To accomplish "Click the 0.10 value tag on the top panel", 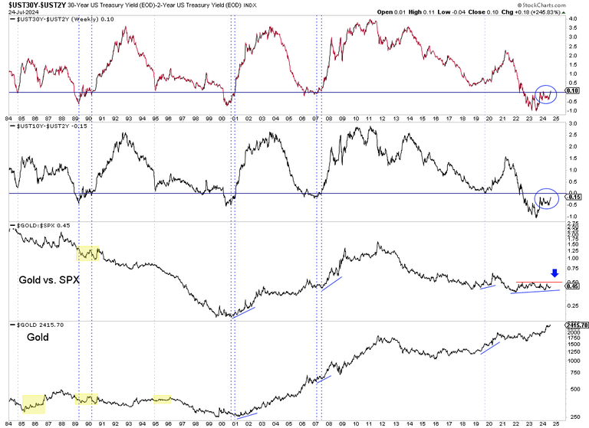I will [571, 90].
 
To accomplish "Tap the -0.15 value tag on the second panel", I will [572, 197].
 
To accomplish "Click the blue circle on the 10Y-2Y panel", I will [546, 199].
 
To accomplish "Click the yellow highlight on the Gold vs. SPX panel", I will [88, 253].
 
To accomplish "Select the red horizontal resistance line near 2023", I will [538, 283].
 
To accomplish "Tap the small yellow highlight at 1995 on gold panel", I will [162, 398].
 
